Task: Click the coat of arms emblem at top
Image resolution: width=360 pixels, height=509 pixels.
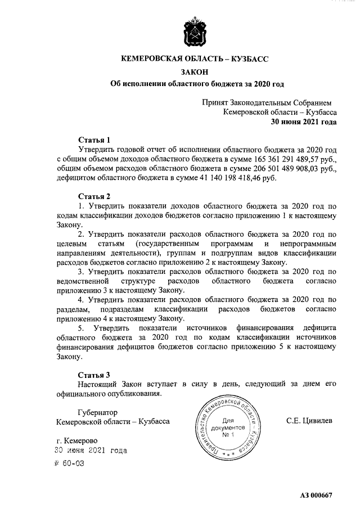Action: click(196, 33)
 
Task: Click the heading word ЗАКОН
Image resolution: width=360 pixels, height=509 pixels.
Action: click(196, 71)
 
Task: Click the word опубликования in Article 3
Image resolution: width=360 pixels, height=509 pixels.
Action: click(132, 393)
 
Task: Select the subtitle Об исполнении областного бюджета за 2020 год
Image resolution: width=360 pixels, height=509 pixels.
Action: click(196, 84)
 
